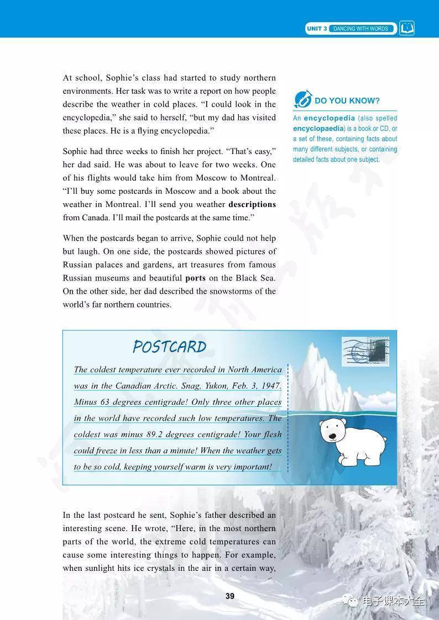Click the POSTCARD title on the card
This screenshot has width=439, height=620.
pyautogui.click(x=169, y=347)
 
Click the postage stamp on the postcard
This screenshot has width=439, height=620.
pyautogui.click(x=365, y=352)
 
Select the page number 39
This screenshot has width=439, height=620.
pyautogui.click(x=230, y=596)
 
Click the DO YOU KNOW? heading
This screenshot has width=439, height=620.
pyautogui.click(x=347, y=100)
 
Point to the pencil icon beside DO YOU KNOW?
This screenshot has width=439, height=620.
pyautogui.click(x=303, y=99)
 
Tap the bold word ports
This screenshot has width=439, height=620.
pyautogui.click(x=195, y=278)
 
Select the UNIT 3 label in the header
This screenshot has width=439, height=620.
pyautogui.click(x=317, y=29)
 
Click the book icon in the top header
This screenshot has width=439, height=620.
pyautogui.click(x=407, y=28)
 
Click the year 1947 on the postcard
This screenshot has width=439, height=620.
pyautogui.click(x=269, y=386)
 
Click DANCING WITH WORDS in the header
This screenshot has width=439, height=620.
pyautogui.click(x=361, y=29)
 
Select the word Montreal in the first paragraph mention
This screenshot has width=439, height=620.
pyautogui.click(x=258, y=178)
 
